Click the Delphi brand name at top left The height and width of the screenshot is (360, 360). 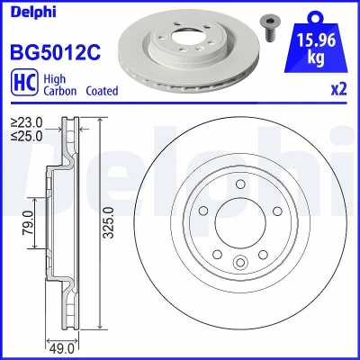33,12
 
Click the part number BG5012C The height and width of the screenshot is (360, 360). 56,52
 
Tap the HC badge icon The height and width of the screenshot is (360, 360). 24,82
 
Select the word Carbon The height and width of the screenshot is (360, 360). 60,91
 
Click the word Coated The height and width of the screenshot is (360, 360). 102,91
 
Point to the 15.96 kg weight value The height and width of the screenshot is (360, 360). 316,48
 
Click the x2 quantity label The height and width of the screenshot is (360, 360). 338,89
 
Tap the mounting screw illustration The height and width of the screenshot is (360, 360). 267,29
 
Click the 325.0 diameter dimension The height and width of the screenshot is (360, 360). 110,222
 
